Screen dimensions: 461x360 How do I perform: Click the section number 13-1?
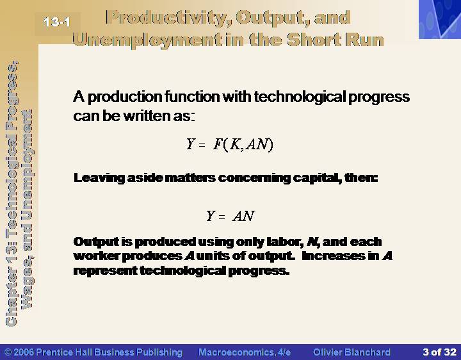tap(57, 22)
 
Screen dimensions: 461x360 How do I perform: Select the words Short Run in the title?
tap(336, 40)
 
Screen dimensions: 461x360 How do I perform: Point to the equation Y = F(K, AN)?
tap(230, 144)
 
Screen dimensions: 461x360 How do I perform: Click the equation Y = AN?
tap(230, 216)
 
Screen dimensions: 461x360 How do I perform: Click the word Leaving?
tap(99, 178)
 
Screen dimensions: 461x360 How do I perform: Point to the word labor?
tap(285, 241)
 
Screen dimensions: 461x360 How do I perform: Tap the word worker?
tap(97, 256)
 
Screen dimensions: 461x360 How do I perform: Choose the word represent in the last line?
tap(105, 270)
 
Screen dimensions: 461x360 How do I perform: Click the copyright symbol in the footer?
tap(8, 352)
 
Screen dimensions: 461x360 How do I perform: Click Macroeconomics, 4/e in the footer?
tap(245, 352)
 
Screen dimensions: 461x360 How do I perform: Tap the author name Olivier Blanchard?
tap(352, 352)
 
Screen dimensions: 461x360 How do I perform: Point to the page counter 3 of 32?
tap(439, 352)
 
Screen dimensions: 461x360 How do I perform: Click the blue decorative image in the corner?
tap(440, 19)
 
